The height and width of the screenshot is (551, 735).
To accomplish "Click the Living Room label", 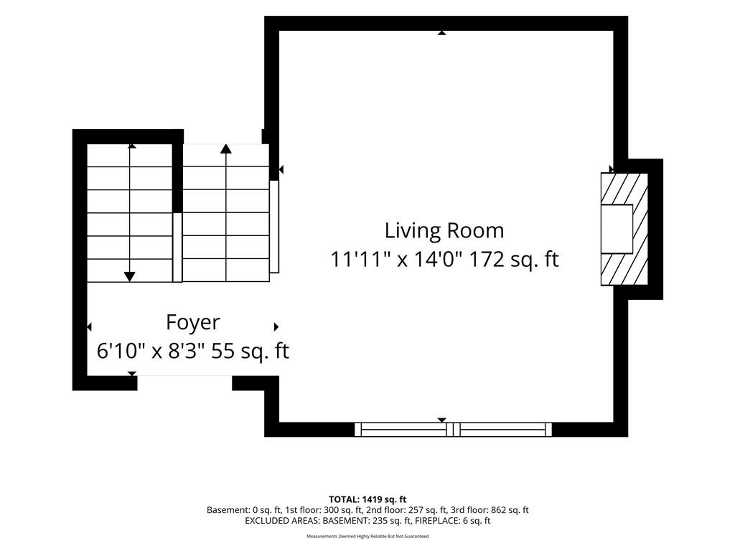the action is tap(444, 230).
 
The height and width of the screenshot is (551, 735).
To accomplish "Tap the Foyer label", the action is tap(192, 323).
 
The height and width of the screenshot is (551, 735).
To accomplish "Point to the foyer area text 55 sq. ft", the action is tap(251, 351).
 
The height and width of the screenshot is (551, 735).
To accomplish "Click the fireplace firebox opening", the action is tap(617, 229).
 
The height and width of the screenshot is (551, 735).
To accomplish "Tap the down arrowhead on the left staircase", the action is tap(130, 277).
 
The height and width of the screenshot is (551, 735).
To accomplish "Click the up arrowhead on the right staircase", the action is tap(226, 149).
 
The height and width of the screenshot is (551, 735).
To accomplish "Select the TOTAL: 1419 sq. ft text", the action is tap(367, 499).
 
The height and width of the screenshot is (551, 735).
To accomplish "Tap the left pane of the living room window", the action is tap(401, 430).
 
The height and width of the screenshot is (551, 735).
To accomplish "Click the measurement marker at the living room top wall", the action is tap(441, 33).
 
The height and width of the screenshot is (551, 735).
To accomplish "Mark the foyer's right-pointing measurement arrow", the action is tap(276, 326).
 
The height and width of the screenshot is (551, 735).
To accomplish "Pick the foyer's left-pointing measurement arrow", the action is tap(89, 326).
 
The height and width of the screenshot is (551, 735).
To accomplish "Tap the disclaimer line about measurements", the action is tap(367, 536).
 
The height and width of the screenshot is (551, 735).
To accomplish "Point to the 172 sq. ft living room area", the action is tap(514, 259).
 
